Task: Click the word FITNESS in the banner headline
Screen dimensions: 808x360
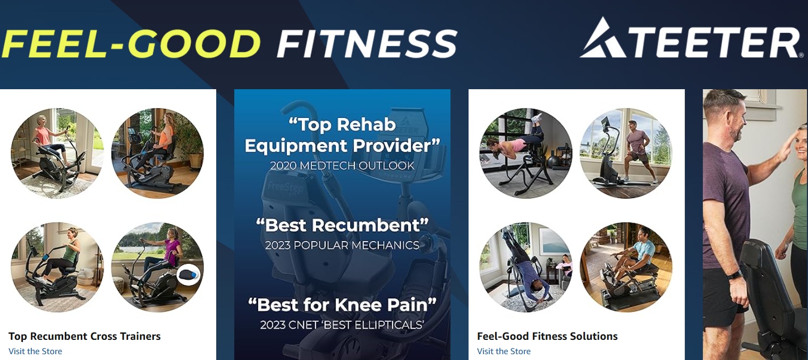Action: [x=367, y=44]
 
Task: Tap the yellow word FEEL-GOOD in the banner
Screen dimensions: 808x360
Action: [x=131, y=44]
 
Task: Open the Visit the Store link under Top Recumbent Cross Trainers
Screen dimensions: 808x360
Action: [x=35, y=351]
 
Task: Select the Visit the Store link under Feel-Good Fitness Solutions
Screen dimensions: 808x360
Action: [x=504, y=351]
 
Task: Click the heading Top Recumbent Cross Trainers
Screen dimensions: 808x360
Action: [x=84, y=336]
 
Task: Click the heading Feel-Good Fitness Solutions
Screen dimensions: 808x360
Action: [x=547, y=336]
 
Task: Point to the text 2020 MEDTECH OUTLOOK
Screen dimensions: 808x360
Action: [x=342, y=166]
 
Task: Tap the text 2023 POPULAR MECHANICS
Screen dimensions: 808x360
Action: [x=342, y=245]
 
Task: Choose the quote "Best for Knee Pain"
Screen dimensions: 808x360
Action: [x=342, y=305]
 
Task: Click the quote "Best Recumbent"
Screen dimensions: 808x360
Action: [x=342, y=225]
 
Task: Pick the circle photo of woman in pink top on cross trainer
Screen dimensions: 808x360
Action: [x=57, y=153]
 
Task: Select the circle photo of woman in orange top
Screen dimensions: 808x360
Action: [x=158, y=153]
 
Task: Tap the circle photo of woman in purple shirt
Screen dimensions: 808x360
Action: [x=158, y=267]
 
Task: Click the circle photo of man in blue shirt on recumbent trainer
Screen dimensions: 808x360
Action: [x=626, y=267]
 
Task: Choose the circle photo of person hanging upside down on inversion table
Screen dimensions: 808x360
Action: [x=525, y=267]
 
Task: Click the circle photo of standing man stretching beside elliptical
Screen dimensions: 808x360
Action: [x=626, y=153]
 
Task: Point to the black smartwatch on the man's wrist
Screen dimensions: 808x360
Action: [x=734, y=276]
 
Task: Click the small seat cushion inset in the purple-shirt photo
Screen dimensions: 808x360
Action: [x=188, y=276]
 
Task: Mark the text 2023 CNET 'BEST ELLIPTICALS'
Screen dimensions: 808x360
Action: [x=342, y=324]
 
